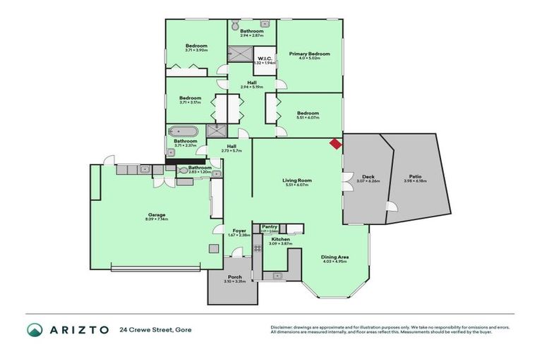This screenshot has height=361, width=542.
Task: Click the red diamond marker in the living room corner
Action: pos(335,144)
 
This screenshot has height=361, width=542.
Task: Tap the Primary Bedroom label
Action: pos(309,54)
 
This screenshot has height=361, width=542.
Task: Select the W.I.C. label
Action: pos(265,59)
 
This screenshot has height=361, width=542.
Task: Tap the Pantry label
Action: pos(269,226)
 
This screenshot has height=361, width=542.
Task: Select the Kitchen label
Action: pos(280,239)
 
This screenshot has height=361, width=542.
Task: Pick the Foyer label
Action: pos(239,231)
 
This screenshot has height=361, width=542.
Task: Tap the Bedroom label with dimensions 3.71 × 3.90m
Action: pos(186,47)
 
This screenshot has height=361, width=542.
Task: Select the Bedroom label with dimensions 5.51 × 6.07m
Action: pos(308,113)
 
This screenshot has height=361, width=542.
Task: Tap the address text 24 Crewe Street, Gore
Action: pos(155,330)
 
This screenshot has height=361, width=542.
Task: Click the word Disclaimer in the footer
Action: pos(283,327)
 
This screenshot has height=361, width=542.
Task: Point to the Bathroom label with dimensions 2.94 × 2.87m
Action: pos(251,31)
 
